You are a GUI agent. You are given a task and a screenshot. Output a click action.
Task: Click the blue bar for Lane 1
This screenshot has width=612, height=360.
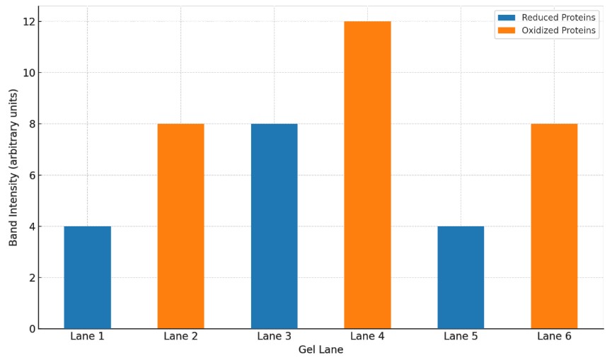(87, 277)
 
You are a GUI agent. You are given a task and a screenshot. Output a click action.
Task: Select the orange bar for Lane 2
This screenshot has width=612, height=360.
(180, 226)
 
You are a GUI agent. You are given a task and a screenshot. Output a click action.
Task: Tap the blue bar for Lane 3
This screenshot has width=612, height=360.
(274, 226)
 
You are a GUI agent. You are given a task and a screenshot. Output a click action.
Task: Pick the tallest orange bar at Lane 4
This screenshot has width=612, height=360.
(367, 175)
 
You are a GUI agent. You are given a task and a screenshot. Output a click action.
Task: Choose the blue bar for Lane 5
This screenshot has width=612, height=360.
(461, 277)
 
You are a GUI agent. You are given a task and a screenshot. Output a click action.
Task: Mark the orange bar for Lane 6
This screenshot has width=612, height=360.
(554, 226)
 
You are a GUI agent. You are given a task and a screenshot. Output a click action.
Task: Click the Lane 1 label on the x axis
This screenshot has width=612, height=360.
(87, 337)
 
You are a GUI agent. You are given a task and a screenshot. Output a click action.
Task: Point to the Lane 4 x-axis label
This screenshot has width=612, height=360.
(367, 337)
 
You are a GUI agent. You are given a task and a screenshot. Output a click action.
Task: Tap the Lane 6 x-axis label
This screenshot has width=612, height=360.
(554, 337)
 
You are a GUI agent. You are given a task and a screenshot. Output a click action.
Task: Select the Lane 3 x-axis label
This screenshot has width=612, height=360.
(274, 337)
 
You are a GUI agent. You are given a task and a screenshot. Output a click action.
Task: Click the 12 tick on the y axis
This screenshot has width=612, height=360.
(26, 21)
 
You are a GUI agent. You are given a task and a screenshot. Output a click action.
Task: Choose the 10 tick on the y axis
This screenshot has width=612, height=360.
(26, 73)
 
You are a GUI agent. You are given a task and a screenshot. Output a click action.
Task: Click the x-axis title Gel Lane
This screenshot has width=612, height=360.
(321, 350)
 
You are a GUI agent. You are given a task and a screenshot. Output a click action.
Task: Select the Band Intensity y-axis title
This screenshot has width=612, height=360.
(13, 168)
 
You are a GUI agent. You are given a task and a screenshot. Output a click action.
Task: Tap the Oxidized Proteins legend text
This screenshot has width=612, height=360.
(559, 31)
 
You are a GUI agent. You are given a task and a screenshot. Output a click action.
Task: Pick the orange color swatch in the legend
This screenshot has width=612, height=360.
(507, 31)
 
